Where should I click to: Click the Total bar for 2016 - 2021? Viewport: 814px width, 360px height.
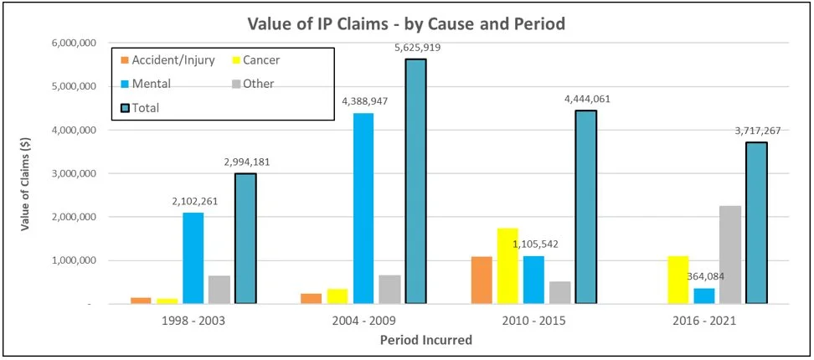(x=757, y=223)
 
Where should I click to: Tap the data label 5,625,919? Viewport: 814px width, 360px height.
(x=416, y=49)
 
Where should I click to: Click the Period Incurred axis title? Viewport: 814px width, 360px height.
(x=425, y=340)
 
